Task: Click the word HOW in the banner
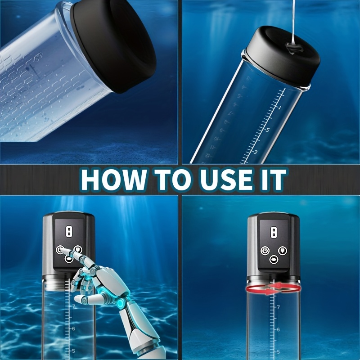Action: tap(114, 180)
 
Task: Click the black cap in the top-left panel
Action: tap(113, 46)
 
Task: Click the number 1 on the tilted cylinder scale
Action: tap(279, 107)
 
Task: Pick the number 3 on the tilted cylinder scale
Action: tap(255, 152)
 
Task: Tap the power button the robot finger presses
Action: tap(60, 250)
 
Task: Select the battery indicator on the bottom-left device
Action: tap(69, 231)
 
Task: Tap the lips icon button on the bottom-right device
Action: tap(274, 260)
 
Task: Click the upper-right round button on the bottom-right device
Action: tap(282, 251)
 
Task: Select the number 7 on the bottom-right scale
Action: tap(278, 307)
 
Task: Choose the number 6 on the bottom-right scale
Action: tap(278, 330)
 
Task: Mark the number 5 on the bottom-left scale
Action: tap(73, 351)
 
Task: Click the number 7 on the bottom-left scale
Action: tap(73, 306)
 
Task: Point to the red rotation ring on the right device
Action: tap(273, 288)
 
